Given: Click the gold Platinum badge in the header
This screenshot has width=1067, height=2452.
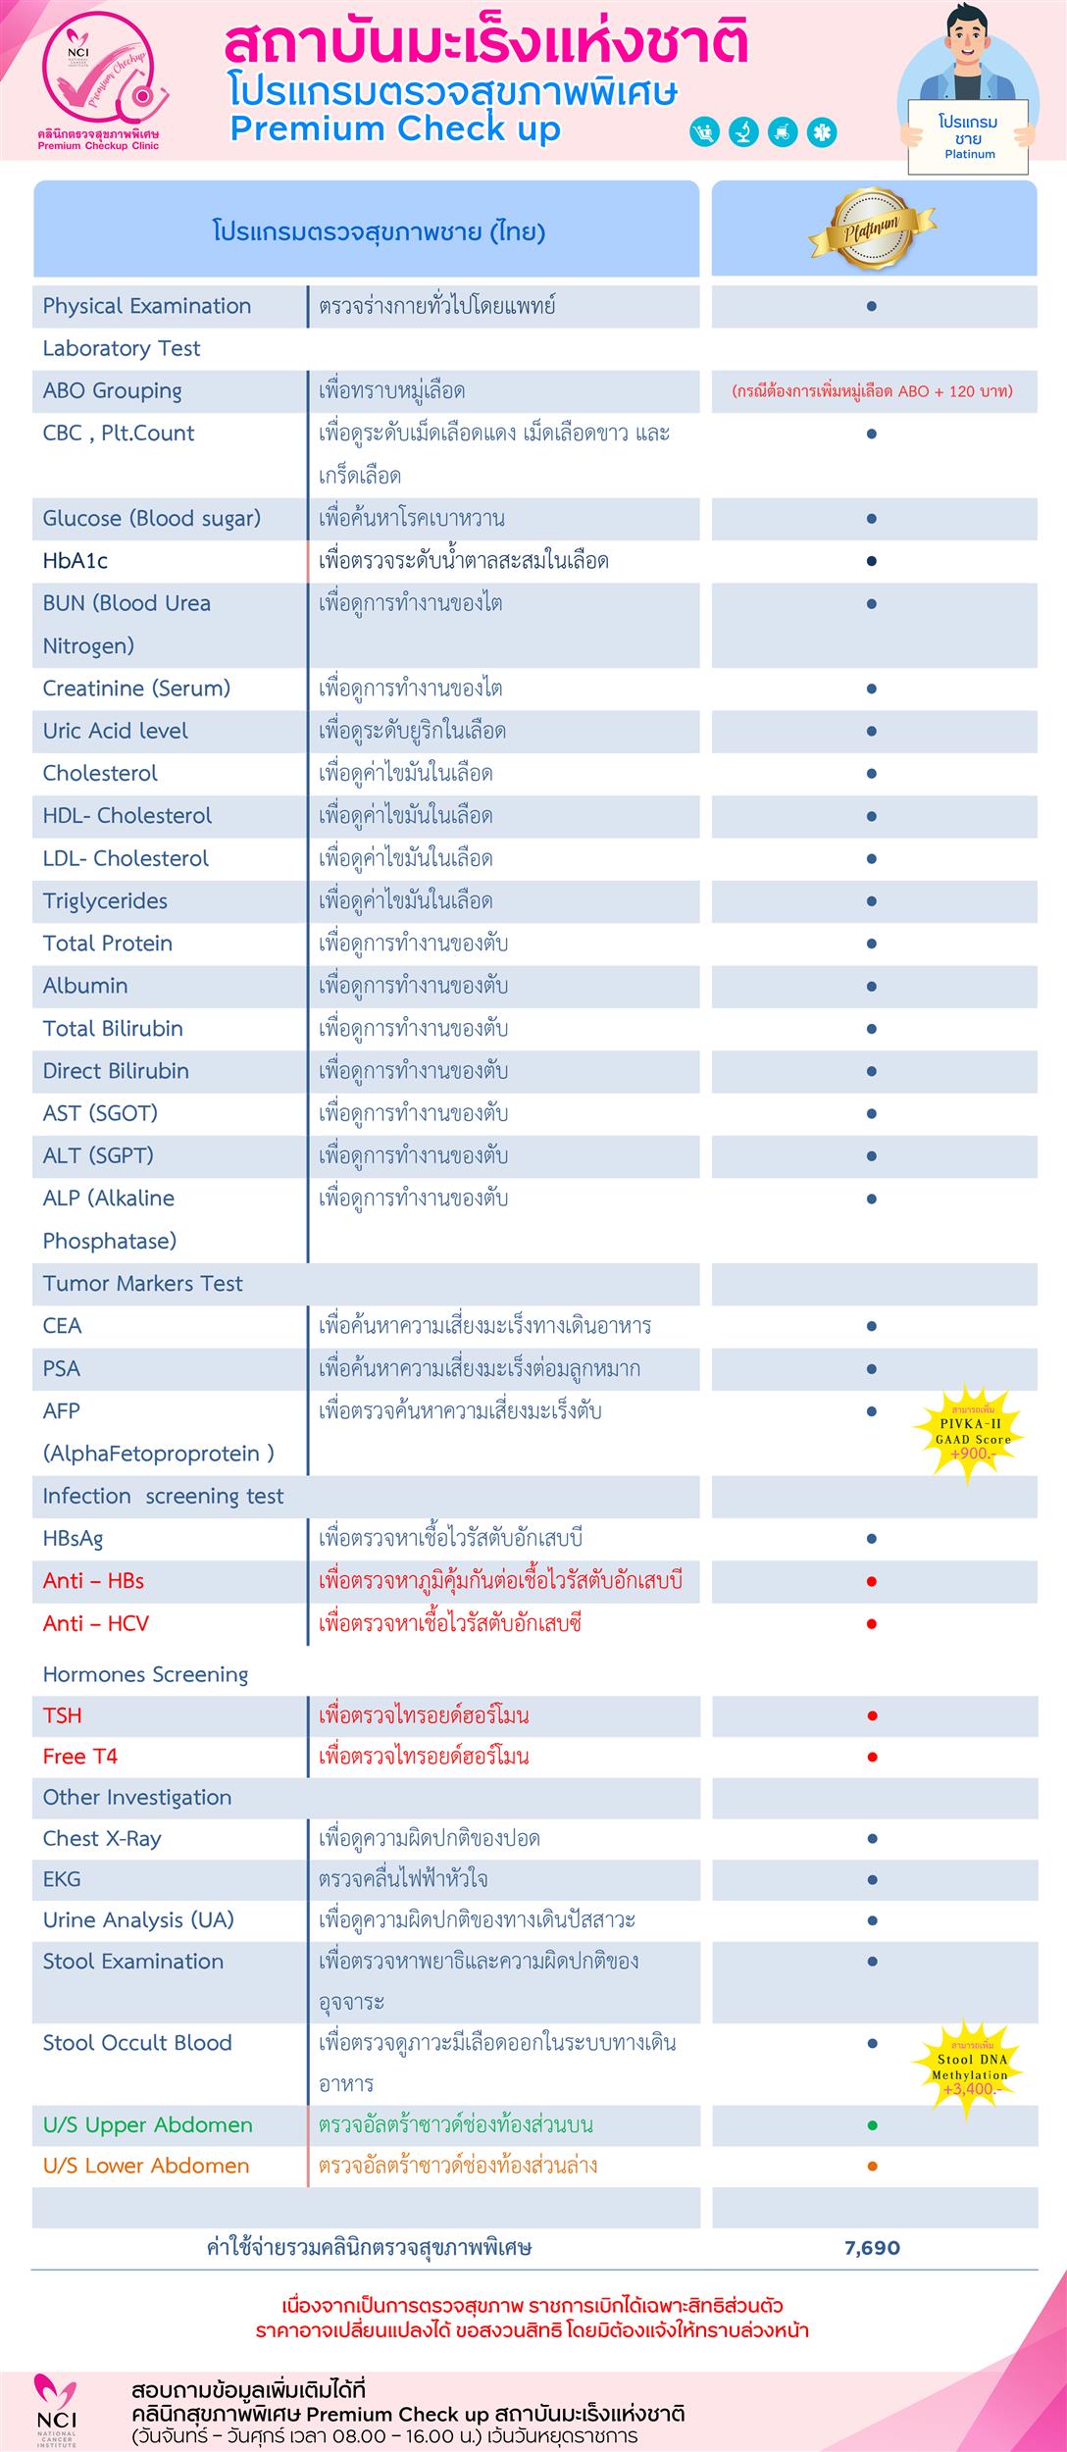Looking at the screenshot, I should pyautogui.click(x=872, y=229).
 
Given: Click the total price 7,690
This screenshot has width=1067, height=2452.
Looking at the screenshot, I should pyautogui.click(x=872, y=2247).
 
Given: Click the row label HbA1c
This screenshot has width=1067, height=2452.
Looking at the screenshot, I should pyautogui.click(x=76, y=561).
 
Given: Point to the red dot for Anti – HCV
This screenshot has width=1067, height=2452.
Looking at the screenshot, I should pyautogui.click(x=872, y=1624).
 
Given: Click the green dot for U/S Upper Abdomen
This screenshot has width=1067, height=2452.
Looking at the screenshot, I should pyautogui.click(x=872, y=2125).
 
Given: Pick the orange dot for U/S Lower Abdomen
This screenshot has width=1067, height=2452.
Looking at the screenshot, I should pyautogui.click(x=872, y=2166).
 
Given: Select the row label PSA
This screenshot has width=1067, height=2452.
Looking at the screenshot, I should pyautogui.click(x=62, y=1368).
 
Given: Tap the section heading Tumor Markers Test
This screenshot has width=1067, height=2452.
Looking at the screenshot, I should pyautogui.click(x=142, y=1283).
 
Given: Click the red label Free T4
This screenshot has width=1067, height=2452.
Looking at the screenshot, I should pyautogui.click(x=79, y=1756).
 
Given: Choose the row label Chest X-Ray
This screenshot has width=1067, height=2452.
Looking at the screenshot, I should pyautogui.click(x=101, y=1838).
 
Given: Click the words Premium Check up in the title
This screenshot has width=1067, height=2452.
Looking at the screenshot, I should pyautogui.click(x=395, y=128).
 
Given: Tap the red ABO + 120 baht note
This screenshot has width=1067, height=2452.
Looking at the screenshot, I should pyautogui.click(x=872, y=391).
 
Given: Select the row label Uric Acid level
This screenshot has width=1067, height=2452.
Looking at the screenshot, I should pyautogui.click(x=115, y=731).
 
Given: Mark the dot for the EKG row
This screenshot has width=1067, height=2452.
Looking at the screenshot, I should pyautogui.click(x=872, y=1879).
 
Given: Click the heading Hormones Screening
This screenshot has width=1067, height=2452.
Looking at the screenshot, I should pyautogui.click(x=145, y=1674).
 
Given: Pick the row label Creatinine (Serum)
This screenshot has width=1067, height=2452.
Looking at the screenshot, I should pyautogui.click(x=136, y=689).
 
